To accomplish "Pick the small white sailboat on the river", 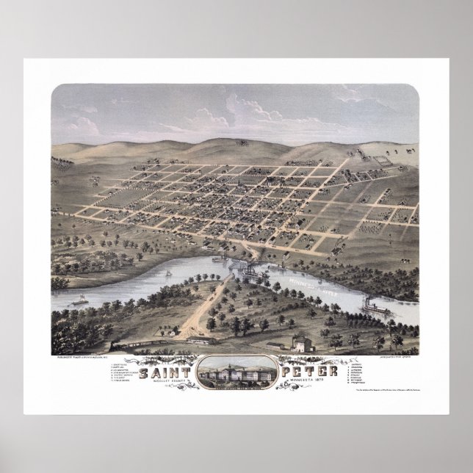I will point(168,272).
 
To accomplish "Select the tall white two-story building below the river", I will point(300,342).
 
